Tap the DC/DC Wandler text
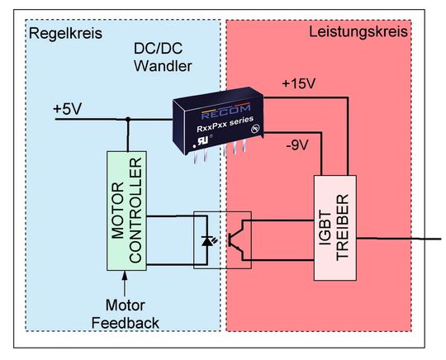click(x=162, y=57)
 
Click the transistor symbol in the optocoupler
click(x=238, y=240)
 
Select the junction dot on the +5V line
click(x=127, y=119)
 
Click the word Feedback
click(x=126, y=323)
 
